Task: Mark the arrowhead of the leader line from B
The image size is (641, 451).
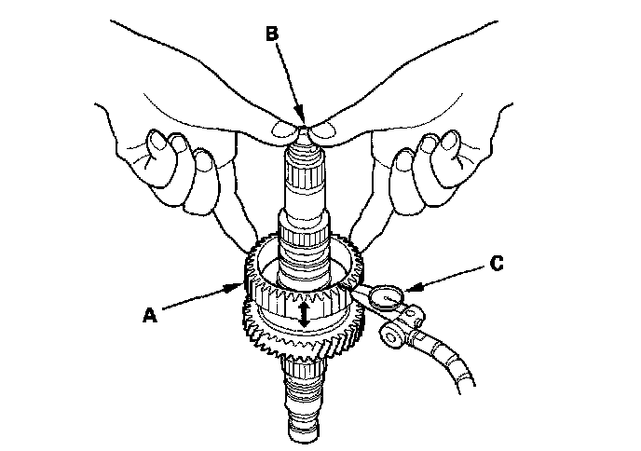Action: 298,120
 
